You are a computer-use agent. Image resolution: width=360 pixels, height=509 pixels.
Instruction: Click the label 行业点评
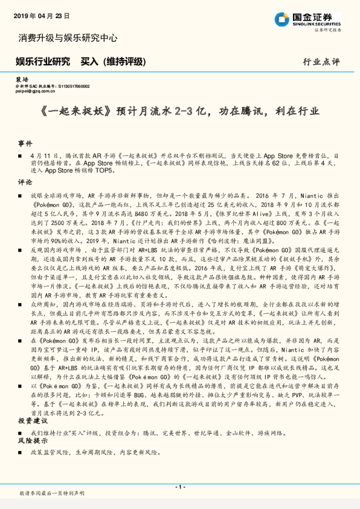tap(321, 62)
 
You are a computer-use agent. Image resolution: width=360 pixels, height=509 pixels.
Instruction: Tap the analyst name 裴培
tap(21, 80)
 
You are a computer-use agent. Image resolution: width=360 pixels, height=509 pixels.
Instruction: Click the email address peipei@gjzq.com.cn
tap(36, 91)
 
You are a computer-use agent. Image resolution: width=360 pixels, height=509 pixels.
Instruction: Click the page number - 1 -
tap(179, 487)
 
